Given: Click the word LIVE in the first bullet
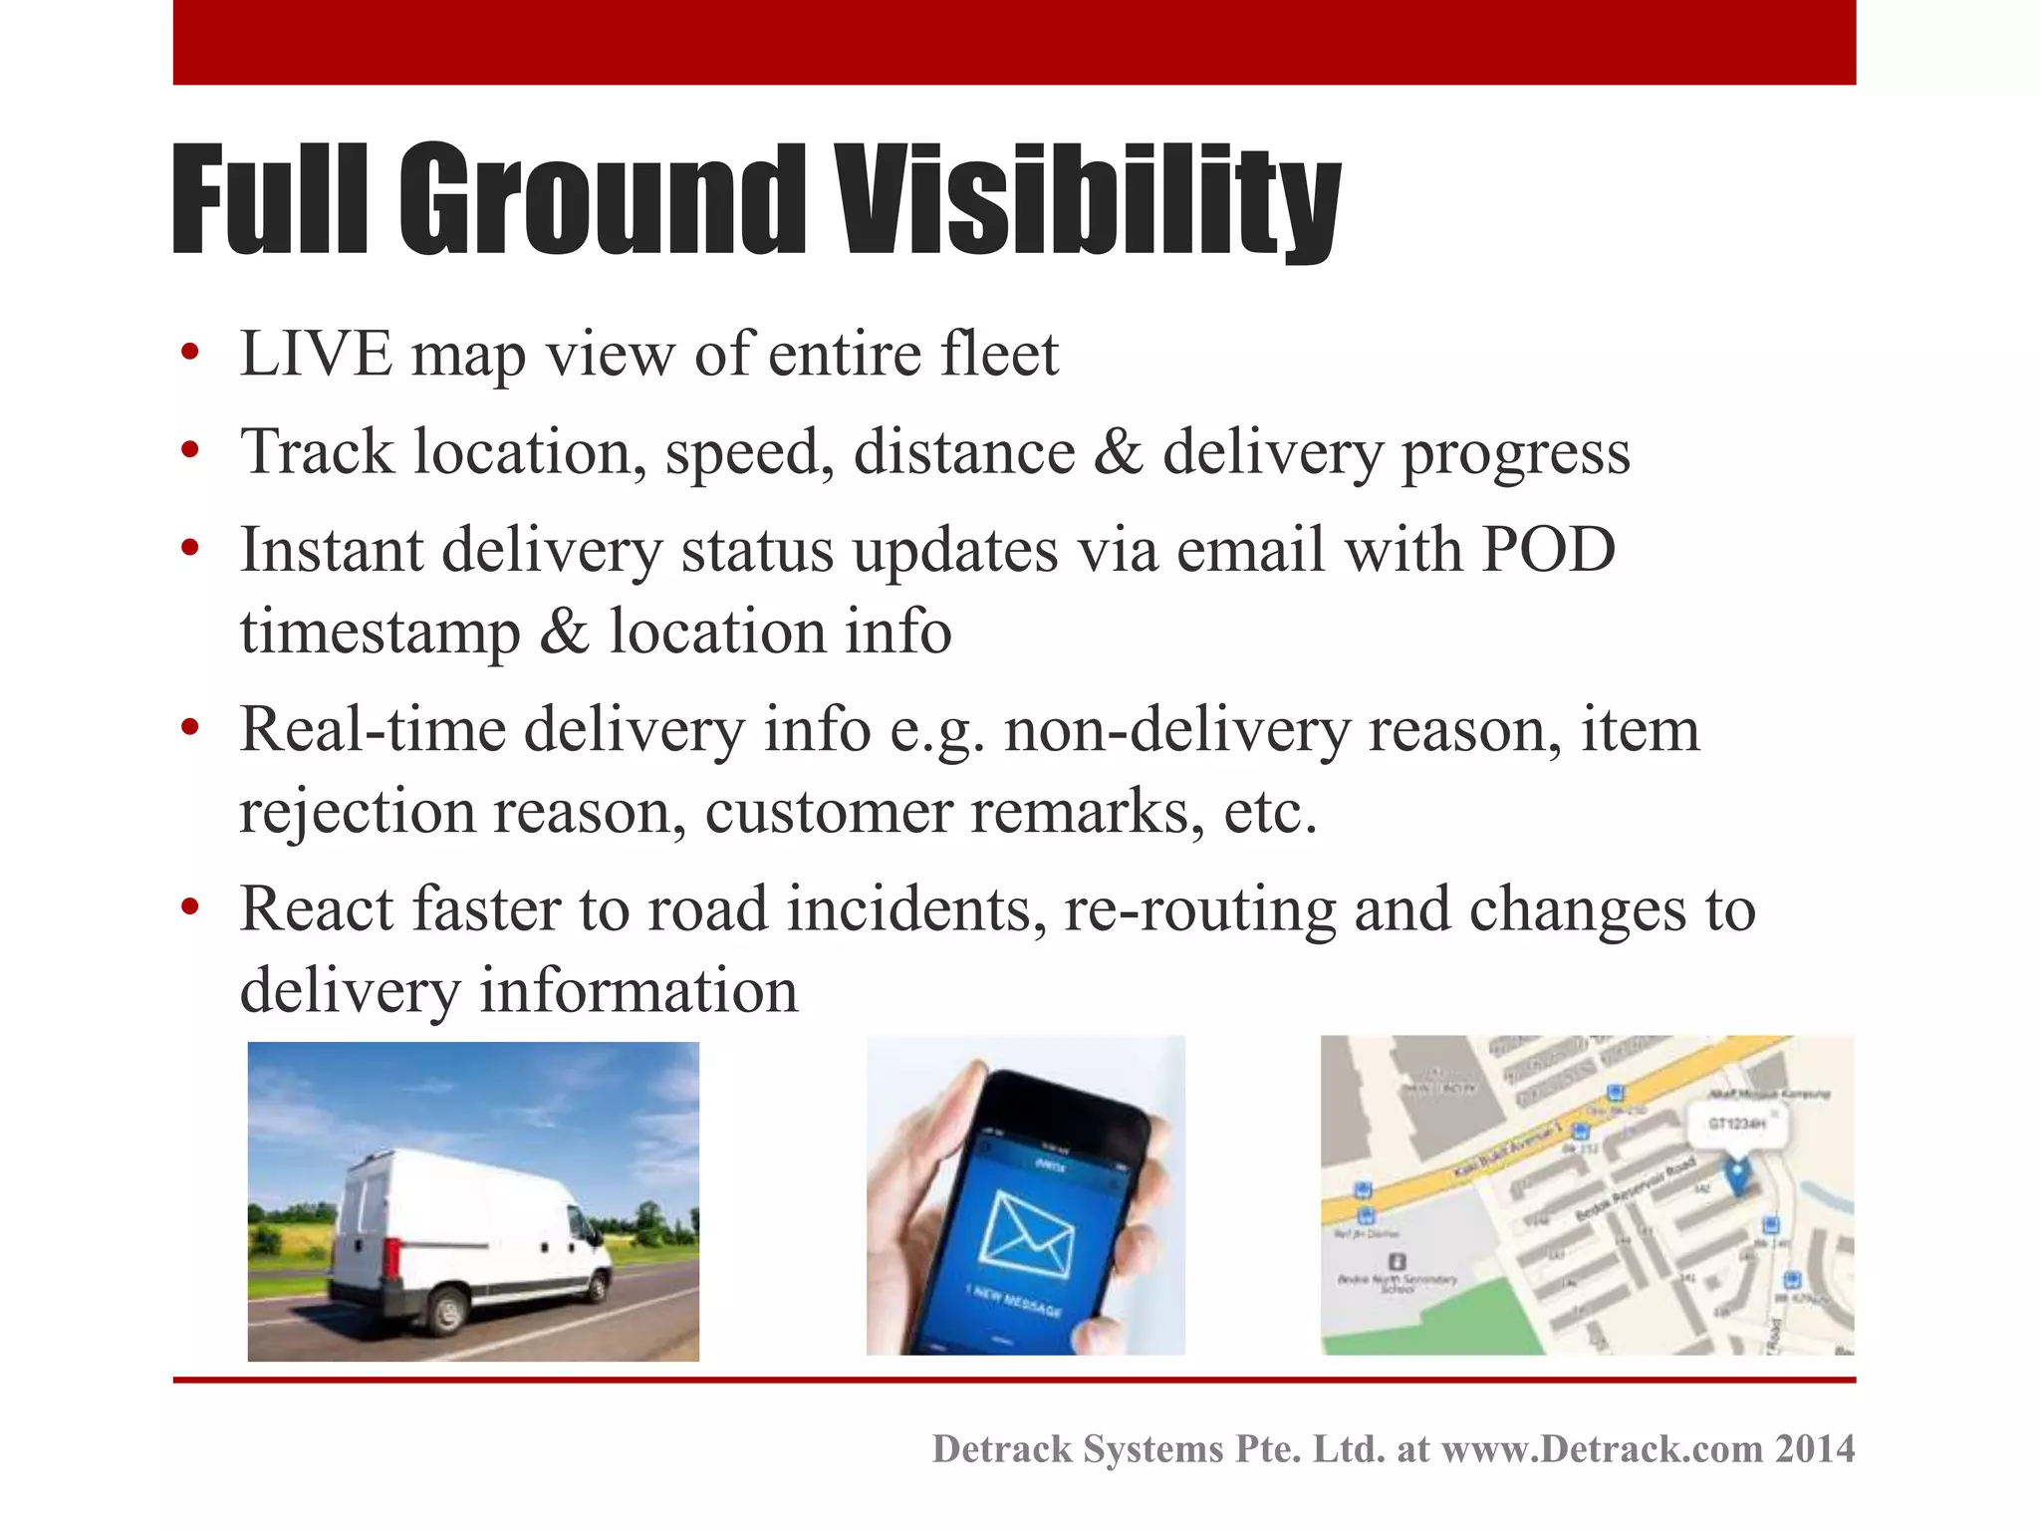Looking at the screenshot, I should [317, 355].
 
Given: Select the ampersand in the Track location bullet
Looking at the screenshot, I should [1118, 453].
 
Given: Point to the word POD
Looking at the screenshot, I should [1548, 550].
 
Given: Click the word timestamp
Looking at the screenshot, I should [380, 633].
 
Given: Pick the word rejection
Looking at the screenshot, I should [357, 812].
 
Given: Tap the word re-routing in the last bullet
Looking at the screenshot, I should [1199, 909].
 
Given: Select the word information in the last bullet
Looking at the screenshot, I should [638, 991].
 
